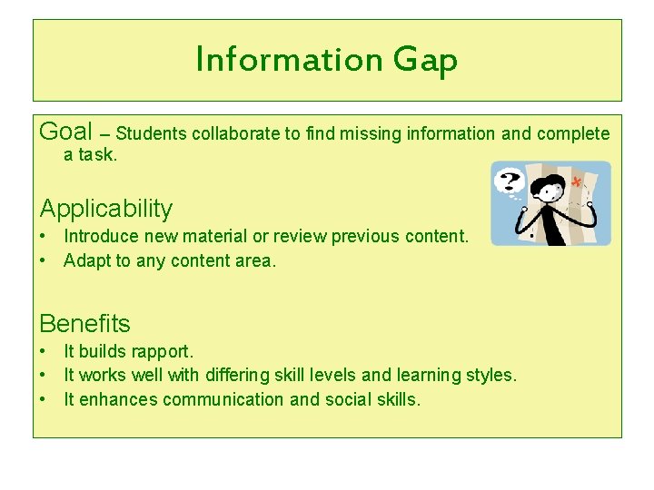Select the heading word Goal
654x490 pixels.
[66, 132]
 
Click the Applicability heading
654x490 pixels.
[106, 209]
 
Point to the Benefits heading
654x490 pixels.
[84, 323]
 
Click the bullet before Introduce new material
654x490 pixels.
[44, 237]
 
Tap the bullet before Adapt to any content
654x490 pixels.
[44, 261]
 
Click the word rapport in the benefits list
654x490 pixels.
[163, 351]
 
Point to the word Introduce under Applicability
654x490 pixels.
[100, 236]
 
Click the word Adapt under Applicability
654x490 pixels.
[84, 261]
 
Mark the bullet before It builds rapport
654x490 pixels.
[44, 351]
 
